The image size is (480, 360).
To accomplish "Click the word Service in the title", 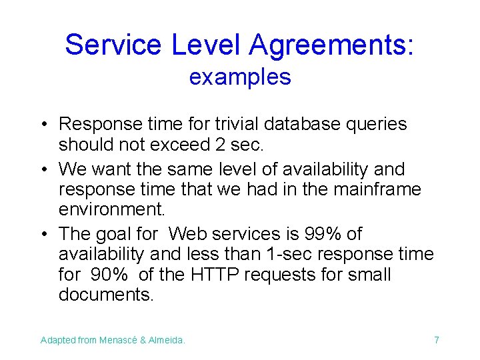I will tap(113, 45).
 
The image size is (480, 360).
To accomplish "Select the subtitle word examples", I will tap(240, 77).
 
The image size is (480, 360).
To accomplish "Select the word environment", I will tap(111, 210).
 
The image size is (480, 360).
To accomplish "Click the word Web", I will tap(187, 234).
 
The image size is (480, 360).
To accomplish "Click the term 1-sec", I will tap(307, 254).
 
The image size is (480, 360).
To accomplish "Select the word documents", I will tap(106, 295).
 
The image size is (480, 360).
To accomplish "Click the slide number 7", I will tap(437, 341).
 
